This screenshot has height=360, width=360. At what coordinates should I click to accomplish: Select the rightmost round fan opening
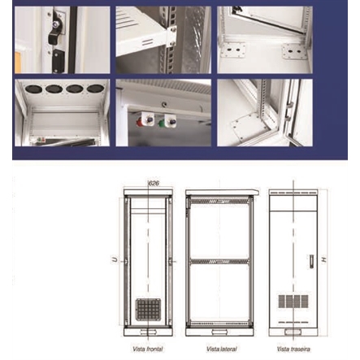point(96,87)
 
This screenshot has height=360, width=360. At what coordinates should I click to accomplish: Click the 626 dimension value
point(154,183)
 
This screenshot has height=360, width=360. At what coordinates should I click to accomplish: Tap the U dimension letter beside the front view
point(115,260)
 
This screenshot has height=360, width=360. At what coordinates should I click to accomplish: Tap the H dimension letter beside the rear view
point(323,260)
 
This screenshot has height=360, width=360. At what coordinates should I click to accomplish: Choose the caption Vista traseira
point(289,348)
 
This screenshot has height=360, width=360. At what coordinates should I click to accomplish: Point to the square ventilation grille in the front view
point(148,309)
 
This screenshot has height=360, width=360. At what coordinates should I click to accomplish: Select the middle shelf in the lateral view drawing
point(219,262)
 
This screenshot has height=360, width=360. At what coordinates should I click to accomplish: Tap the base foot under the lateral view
point(219,332)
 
